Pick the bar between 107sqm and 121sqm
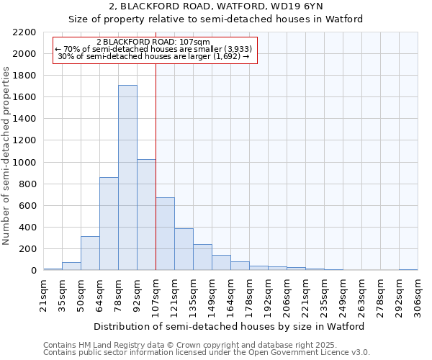point(165,234)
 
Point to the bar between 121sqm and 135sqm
point(184,249)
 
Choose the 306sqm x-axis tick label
point(418,296)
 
